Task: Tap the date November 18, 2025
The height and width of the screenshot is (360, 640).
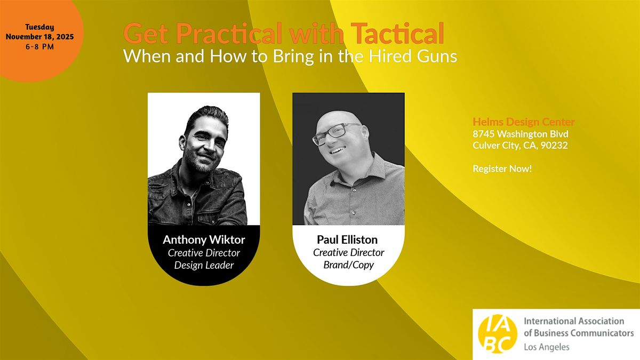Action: (39, 36)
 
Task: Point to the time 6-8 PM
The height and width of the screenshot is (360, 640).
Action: (39, 46)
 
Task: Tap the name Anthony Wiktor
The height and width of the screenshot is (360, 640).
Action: (204, 239)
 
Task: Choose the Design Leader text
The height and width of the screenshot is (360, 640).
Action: (204, 265)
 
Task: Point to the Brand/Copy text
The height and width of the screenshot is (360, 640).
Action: (348, 265)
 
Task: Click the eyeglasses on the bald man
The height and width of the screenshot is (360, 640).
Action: (336, 133)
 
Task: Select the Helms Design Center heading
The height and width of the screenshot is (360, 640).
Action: (524, 123)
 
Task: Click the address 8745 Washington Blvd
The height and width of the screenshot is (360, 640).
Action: (520, 134)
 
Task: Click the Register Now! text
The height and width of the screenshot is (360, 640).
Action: (502, 169)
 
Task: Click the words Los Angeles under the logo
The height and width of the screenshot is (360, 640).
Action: (547, 347)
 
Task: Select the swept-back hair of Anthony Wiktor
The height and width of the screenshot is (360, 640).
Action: (202, 115)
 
